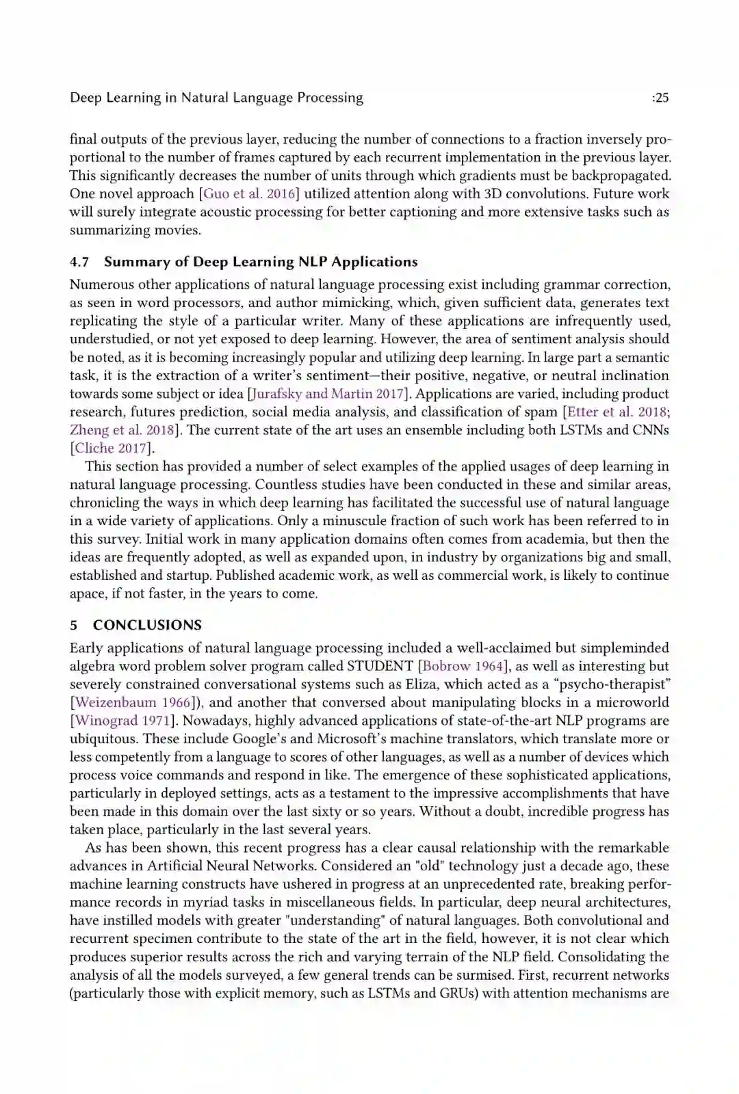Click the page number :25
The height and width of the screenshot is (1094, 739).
[x=660, y=98]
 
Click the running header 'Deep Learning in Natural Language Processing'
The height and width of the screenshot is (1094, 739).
[x=216, y=98]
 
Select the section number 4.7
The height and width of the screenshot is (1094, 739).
[x=79, y=262]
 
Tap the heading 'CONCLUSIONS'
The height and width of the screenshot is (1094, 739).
[x=147, y=625]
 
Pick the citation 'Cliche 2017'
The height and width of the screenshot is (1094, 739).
[x=111, y=449]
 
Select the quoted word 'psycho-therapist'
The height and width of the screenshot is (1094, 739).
[x=610, y=684]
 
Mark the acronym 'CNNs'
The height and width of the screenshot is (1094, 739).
[x=650, y=430]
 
